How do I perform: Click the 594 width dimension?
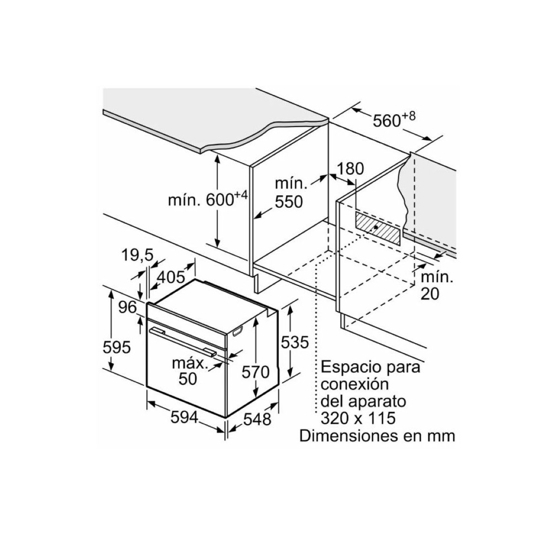(185, 418)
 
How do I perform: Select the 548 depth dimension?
(257, 419)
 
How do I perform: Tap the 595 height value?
(117, 347)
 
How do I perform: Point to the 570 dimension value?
(255, 372)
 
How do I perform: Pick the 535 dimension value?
(295, 342)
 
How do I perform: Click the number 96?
(128, 307)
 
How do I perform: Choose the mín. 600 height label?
(208, 199)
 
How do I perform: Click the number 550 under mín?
(289, 202)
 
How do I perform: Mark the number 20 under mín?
(430, 294)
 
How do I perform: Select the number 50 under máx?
(188, 378)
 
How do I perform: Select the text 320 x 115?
(358, 418)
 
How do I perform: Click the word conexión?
(355, 384)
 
